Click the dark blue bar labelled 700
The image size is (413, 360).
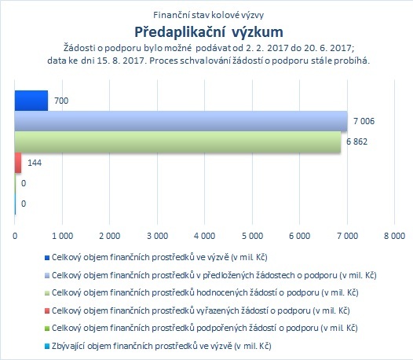31,101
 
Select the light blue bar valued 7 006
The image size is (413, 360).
181,121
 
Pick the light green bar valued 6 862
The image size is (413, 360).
177,142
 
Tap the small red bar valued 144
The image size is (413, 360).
18,163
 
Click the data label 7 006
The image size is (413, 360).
364,121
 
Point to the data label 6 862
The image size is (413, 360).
356,142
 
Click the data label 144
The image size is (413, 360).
35,163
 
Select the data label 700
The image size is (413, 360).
61,101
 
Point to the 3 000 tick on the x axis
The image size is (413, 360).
157,236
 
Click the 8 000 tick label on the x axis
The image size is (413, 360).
394,236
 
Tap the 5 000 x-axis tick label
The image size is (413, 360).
252,236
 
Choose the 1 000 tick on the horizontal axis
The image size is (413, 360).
63,236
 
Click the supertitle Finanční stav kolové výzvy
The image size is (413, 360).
208,15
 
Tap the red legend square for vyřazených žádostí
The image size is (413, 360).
47,311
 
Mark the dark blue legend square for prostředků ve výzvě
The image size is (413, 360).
47,258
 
